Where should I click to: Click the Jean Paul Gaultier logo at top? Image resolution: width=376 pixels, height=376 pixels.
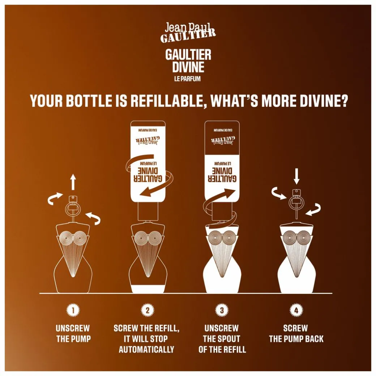[188, 33]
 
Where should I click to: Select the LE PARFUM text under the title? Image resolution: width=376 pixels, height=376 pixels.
[187, 79]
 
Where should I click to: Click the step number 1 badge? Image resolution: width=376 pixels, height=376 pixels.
[73, 310]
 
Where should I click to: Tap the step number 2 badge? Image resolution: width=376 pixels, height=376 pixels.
[148, 310]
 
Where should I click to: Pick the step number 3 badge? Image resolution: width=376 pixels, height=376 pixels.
[222, 310]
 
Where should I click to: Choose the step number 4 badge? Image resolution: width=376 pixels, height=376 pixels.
[296, 310]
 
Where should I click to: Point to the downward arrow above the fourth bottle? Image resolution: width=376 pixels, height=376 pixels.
[296, 176]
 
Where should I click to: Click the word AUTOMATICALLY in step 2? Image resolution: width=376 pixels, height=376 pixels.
[146, 349]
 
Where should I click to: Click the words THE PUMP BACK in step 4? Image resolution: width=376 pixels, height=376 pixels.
[296, 339]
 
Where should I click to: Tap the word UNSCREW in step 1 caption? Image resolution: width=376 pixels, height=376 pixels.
[73, 328]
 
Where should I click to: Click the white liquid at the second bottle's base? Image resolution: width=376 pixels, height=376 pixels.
[148, 289]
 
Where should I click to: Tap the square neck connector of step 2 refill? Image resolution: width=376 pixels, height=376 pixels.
[147, 211]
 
